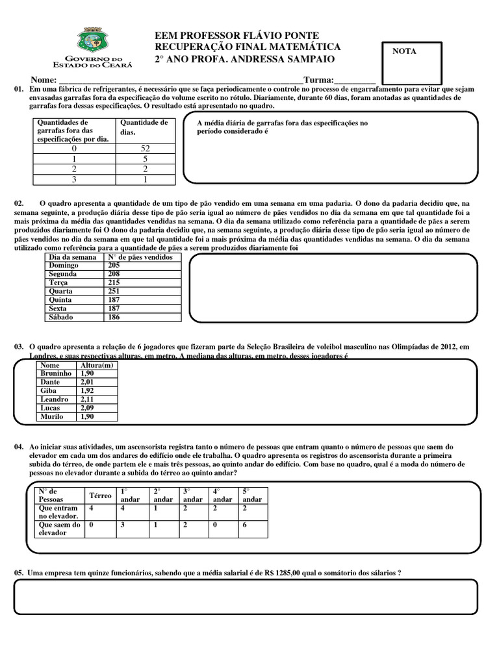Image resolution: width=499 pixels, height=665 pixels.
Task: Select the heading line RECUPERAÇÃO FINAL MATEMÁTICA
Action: click(247, 47)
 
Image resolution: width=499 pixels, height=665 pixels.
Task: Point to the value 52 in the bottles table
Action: click(145, 148)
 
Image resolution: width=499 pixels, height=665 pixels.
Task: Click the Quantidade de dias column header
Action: click(144, 127)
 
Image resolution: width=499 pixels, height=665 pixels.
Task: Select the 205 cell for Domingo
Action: click(115, 266)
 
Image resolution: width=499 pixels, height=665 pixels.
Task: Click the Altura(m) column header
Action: click(96, 366)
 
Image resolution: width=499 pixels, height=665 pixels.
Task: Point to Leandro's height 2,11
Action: click(87, 399)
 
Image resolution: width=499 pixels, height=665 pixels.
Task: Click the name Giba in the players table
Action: click(49, 391)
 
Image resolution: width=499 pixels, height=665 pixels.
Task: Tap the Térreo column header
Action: click(100, 496)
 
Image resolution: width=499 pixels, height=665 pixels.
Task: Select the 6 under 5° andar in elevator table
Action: click(244, 525)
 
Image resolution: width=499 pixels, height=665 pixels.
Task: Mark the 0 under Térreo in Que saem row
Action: click(92, 525)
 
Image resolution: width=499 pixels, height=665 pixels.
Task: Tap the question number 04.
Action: click(18, 447)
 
